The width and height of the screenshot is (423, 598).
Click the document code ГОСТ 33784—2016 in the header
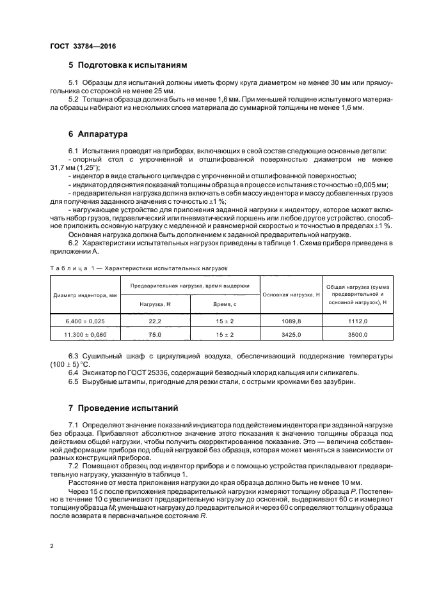[83, 46]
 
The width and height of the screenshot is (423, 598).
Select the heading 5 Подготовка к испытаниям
[128, 65]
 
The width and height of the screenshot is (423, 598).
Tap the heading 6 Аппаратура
[99, 134]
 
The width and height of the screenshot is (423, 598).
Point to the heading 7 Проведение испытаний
[124, 408]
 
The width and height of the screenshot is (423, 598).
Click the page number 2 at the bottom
[52, 546]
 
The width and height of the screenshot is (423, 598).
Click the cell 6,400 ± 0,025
[85, 321]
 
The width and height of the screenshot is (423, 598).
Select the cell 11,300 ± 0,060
[85, 334]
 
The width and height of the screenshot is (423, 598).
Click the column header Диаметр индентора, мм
[85, 295]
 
